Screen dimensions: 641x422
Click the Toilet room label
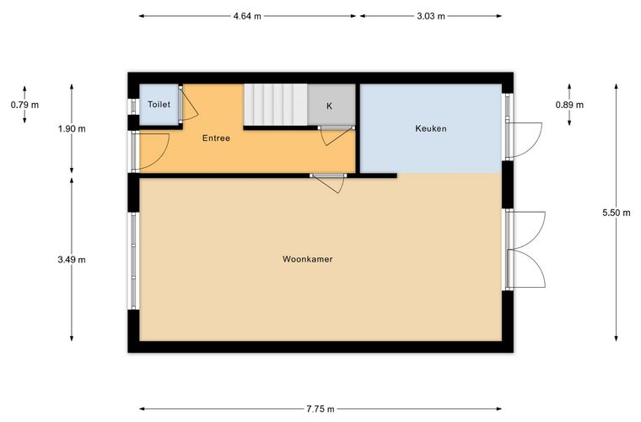pyautogui.click(x=159, y=105)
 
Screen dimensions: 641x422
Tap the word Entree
pyautogui.click(x=216, y=138)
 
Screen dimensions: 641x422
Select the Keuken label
pyautogui.click(x=431, y=128)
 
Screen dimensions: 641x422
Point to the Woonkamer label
pyautogui.click(x=307, y=259)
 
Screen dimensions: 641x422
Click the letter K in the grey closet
pyautogui.click(x=329, y=106)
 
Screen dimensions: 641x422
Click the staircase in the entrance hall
pyautogui.click(x=276, y=105)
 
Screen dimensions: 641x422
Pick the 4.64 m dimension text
pyautogui.click(x=247, y=16)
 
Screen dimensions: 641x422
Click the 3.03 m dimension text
pyautogui.click(x=431, y=16)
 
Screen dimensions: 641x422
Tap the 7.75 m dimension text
pyautogui.click(x=320, y=408)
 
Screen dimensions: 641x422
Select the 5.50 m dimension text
pyautogui.click(x=617, y=213)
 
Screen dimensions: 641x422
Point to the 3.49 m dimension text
pyautogui.click(x=72, y=260)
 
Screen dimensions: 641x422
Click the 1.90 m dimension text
pyautogui.click(x=72, y=129)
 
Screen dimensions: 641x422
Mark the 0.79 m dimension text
pyautogui.click(x=25, y=105)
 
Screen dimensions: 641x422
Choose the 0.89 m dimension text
pyautogui.click(x=569, y=105)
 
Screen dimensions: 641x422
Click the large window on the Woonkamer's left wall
pyautogui.click(x=133, y=261)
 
